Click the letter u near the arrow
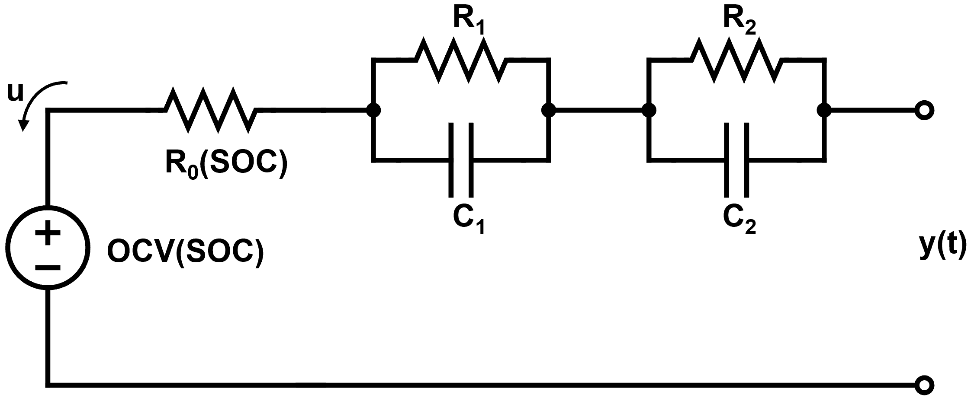[16, 93]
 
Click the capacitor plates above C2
[736, 159]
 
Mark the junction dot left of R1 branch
[373, 110]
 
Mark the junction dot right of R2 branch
[824, 110]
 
